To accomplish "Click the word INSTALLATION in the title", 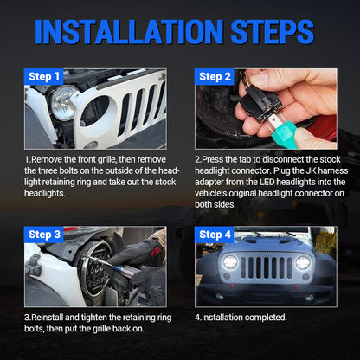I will coord(128,32).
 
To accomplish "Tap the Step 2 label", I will coord(215,76).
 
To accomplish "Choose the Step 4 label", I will coord(215,234).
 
